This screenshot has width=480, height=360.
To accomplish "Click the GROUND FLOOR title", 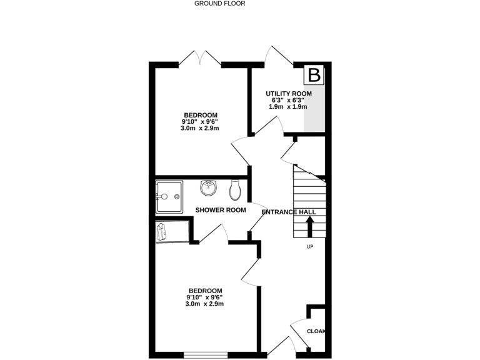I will click(219, 4).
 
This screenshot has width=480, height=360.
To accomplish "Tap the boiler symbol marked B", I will click(315, 76).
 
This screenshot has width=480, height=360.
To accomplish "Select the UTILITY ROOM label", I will click(288, 94).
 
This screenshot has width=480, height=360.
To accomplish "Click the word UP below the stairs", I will click(309, 247).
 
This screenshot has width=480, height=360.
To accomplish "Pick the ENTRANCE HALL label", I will click(288, 212).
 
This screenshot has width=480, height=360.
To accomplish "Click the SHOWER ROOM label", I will click(221, 210).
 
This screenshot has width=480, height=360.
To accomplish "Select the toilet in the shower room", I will click(235, 188).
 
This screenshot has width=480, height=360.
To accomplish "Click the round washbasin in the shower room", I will click(208, 187).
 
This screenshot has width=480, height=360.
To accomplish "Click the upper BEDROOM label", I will click(200, 115).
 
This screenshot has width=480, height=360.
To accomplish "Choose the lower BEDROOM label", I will click(205, 291).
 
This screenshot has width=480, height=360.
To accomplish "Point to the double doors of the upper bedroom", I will click(200, 58).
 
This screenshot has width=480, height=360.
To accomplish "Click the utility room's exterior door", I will click(279, 56).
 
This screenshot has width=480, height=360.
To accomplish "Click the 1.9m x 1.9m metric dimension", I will click(288, 107).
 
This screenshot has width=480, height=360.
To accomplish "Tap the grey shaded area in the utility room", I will click(316, 109).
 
